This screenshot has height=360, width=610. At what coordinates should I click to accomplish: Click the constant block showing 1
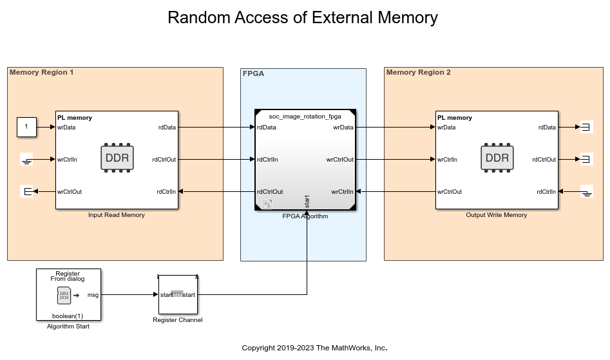(x=26, y=128)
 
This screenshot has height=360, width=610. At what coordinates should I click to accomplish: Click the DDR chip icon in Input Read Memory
(x=117, y=158)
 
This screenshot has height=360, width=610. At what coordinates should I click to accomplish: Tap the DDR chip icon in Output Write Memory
(x=497, y=158)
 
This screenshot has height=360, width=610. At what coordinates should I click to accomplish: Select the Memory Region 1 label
(x=42, y=72)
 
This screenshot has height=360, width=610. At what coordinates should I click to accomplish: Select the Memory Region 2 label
(x=419, y=72)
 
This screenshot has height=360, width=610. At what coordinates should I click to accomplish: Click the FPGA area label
(x=253, y=73)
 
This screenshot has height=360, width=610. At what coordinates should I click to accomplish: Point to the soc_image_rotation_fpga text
(x=305, y=116)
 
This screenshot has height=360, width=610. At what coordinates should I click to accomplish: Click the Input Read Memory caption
(x=117, y=215)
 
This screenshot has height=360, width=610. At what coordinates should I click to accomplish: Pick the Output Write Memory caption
(x=497, y=215)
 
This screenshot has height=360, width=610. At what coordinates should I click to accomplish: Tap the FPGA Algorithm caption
(x=305, y=216)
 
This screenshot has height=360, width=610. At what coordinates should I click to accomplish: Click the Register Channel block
(x=178, y=294)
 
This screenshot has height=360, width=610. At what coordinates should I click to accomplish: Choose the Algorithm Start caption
(x=68, y=327)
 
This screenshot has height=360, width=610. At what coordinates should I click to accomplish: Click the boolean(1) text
(x=68, y=316)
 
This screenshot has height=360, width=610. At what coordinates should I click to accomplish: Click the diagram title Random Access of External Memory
(x=303, y=17)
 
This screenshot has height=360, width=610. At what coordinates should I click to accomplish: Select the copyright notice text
(x=315, y=348)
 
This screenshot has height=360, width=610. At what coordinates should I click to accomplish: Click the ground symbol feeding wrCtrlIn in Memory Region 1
(x=26, y=160)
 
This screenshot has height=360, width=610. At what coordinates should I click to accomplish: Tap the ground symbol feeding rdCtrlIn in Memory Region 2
(x=586, y=191)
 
